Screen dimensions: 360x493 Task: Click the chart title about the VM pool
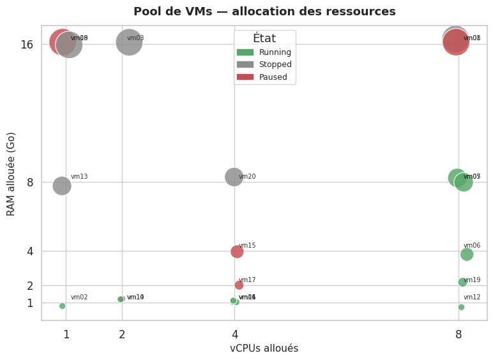(264, 11)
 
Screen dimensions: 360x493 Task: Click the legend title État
(264, 38)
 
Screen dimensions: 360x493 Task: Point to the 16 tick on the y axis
(26, 45)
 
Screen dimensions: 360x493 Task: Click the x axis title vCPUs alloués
(264, 349)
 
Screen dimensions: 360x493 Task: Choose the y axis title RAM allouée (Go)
(11, 174)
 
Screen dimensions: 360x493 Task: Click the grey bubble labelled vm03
(129, 42)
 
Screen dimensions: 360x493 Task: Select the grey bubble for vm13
(61, 186)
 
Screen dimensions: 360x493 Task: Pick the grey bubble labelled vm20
(234, 176)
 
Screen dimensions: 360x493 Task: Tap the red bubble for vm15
(237, 251)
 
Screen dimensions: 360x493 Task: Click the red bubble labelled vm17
(239, 285)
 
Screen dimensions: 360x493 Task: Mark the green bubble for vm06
(467, 254)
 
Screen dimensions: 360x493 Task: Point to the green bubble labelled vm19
(462, 282)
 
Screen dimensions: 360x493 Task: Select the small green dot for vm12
(461, 307)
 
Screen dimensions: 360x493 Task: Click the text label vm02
(79, 297)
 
